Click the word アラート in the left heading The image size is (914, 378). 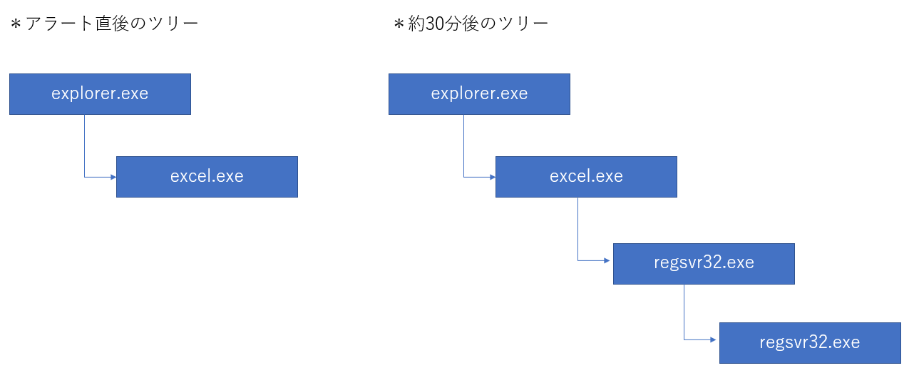pos(60,24)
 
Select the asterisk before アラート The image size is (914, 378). pos(16,24)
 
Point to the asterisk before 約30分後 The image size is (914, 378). pos(399,24)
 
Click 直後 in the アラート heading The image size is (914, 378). pos(112,24)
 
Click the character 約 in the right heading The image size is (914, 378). pos(416,24)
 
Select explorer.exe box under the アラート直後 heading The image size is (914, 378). pos(100,94)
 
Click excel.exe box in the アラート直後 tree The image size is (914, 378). pos(207,177)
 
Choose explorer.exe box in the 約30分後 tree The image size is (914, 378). pos(479,94)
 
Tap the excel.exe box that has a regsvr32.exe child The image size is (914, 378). pos(586,177)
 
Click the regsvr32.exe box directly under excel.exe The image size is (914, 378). pos(704,264)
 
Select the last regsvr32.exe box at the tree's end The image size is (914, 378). pos(810,343)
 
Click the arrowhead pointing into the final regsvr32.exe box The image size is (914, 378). pos(713,339)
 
